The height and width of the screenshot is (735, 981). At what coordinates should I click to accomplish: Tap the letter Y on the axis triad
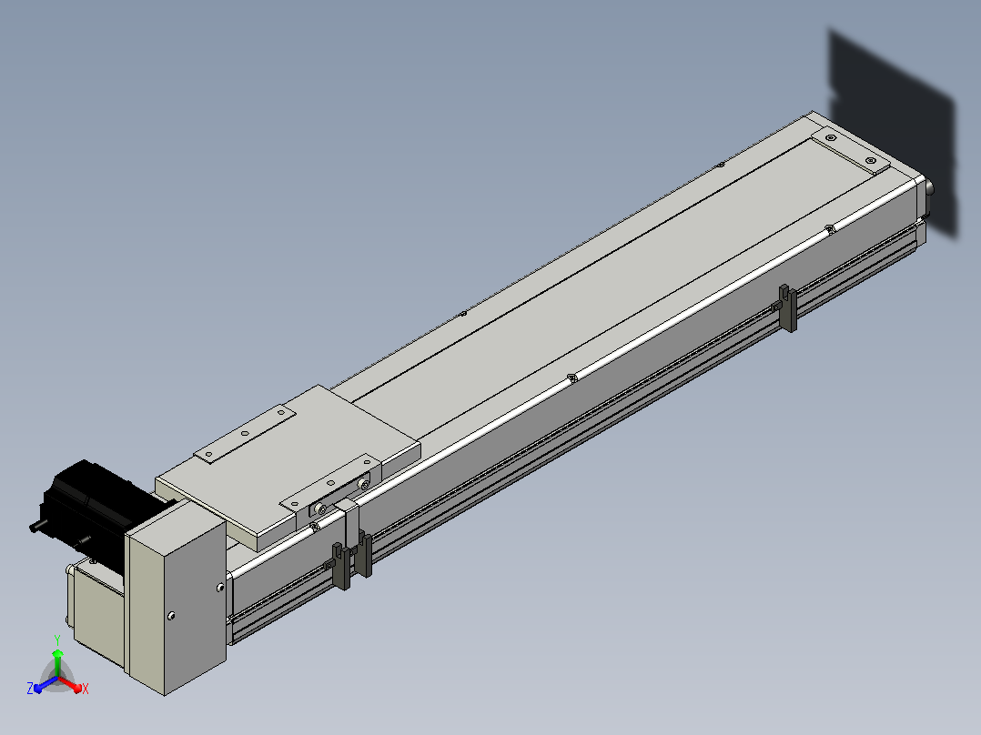57,640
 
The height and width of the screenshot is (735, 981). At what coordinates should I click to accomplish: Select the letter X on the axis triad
86,689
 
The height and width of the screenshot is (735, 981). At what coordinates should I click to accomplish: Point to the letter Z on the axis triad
30,689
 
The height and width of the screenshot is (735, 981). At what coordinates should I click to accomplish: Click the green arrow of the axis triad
57,662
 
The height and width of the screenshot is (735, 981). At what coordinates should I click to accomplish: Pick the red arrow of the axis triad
70,684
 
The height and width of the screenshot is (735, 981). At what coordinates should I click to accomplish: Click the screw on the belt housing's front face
171,616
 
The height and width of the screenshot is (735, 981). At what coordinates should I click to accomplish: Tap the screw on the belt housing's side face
220,588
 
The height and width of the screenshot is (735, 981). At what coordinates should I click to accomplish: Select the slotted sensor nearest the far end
788,308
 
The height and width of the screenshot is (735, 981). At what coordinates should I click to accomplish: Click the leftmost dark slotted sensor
341,567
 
